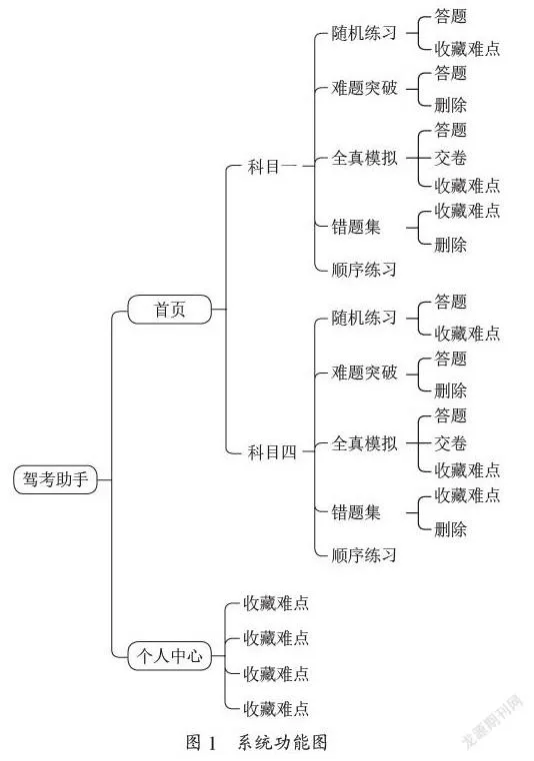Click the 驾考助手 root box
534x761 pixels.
click(x=55, y=479)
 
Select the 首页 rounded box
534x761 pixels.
click(x=170, y=310)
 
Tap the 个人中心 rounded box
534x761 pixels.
click(x=170, y=656)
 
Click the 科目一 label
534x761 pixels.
click(x=272, y=167)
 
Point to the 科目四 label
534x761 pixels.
click(x=272, y=451)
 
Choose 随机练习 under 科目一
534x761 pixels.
click(x=364, y=33)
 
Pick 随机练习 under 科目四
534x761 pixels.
click(x=364, y=318)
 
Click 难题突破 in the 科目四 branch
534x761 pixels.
click(x=364, y=373)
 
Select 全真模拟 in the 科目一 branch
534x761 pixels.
click(x=364, y=158)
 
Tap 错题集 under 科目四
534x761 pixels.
click(x=356, y=512)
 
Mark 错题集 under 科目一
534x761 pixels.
click(x=356, y=227)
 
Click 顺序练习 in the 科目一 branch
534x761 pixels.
click(x=364, y=270)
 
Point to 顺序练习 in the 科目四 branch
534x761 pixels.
click(x=364, y=554)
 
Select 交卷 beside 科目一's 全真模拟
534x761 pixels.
click(x=450, y=158)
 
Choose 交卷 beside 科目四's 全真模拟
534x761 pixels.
click(x=450, y=443)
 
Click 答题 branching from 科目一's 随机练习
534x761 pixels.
click(x=450, y=16)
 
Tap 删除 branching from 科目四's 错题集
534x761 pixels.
click(x=450, y=529)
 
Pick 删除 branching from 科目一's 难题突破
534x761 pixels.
click(x=450, y=105)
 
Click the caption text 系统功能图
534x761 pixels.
click(x=282, y=743)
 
